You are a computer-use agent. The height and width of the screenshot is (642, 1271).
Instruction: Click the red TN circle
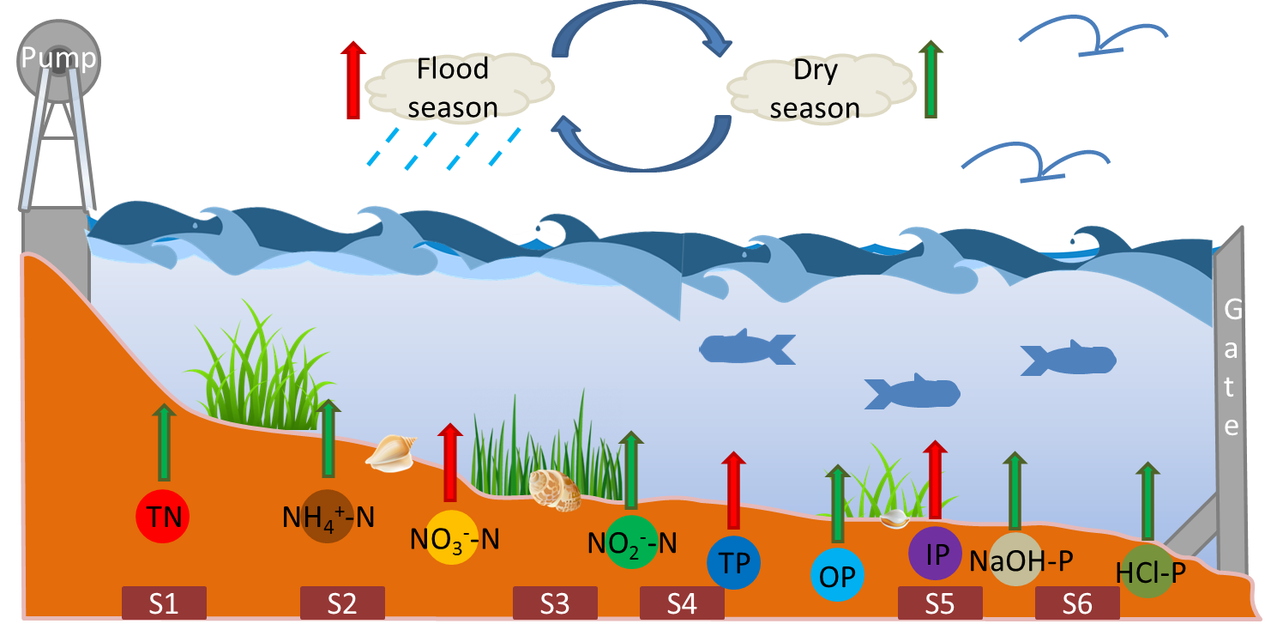[162, 518]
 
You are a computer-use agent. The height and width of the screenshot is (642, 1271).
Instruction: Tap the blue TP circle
[733, 563]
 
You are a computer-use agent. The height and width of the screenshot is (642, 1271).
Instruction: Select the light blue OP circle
[837, 573]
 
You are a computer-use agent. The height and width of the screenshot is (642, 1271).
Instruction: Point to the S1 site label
[164, 603]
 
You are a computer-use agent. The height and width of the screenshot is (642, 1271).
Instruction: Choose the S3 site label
[554, 603]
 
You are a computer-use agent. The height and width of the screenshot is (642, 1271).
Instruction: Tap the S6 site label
[1077, 603]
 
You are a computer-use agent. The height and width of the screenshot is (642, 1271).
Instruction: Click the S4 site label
[682, 603]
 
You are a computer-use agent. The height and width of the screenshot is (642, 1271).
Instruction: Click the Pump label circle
[58, 60]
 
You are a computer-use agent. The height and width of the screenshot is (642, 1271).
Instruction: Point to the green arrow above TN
[164, 442]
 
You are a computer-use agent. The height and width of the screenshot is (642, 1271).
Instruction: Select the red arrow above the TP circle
[733, 490]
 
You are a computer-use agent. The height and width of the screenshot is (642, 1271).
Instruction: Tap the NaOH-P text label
[1021, 560]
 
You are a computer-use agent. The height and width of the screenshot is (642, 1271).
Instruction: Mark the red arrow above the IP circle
[935, 480]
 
